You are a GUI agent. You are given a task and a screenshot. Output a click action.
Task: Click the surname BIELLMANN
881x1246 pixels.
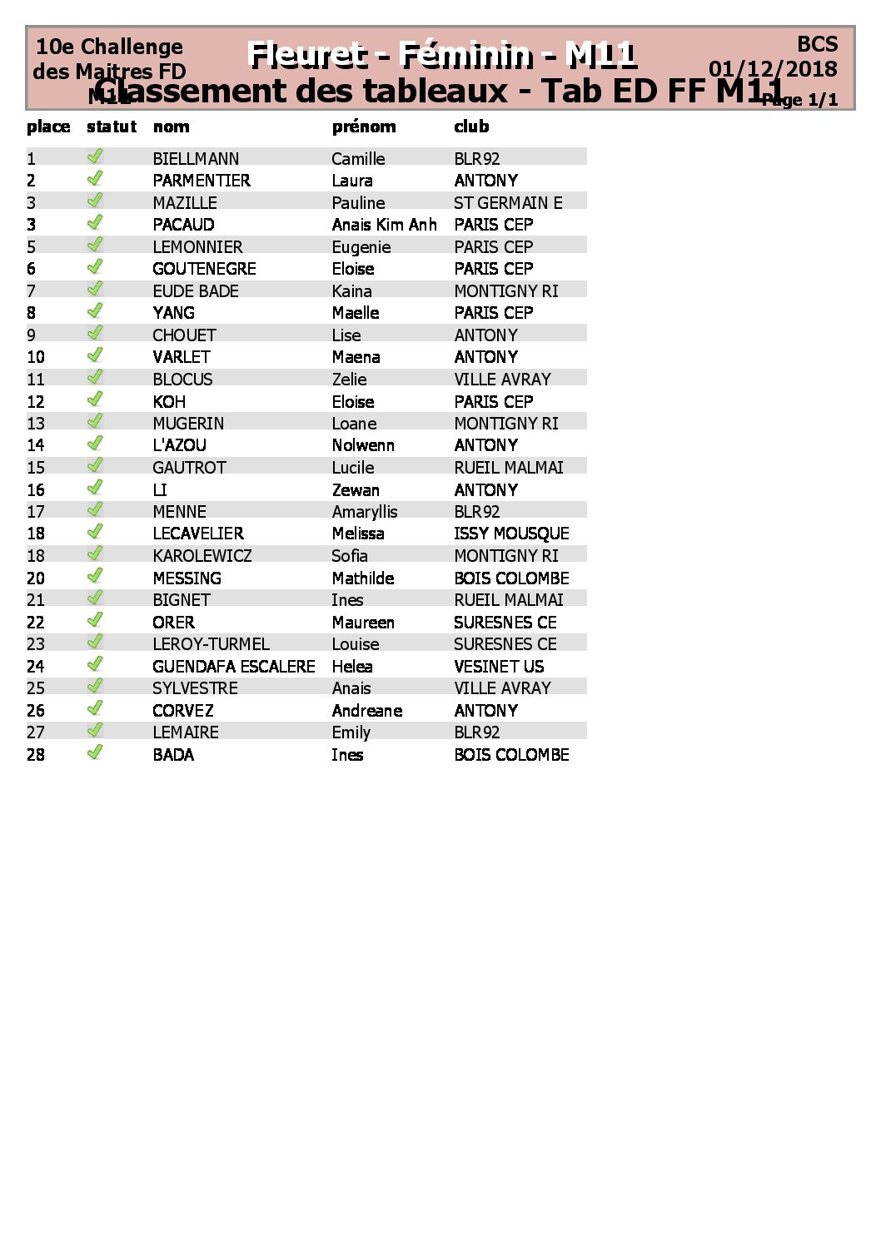click(196, 159)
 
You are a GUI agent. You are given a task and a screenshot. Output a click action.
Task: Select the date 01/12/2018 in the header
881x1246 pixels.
click(773, 69)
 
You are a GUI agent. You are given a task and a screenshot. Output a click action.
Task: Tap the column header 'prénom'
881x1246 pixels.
click(364, 127)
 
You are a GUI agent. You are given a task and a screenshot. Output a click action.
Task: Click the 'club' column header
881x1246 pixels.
click(471, 127)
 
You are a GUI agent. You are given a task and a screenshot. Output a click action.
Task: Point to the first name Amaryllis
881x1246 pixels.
click(365, 512)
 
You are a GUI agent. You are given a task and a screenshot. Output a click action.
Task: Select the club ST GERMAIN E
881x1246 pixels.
click(508, 203)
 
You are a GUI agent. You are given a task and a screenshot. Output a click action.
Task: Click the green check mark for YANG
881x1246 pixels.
click(95, 311)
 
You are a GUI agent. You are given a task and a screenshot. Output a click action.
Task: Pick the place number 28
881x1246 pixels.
click(36, 755)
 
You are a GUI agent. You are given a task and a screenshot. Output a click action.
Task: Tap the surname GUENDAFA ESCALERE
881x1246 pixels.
click(234, 667)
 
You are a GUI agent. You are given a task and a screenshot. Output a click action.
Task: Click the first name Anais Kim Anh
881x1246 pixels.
click(384, 225)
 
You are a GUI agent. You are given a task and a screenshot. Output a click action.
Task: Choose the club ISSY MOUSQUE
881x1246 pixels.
click(511, 534)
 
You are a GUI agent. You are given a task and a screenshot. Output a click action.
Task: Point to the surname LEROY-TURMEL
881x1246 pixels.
click(211, 644)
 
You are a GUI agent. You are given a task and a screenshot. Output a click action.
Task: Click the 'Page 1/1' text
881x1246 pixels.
click(800, 101)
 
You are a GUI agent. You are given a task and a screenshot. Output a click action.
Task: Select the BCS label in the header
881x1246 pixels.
click(817, 44)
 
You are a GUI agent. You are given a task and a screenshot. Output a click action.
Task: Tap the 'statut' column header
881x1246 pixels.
click(112, 127)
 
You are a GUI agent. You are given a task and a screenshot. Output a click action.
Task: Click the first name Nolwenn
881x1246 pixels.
click(363, 445)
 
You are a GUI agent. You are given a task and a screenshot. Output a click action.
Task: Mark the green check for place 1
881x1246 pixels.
click(95, 156)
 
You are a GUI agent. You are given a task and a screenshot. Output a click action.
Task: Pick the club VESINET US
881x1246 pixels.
click(499, 667)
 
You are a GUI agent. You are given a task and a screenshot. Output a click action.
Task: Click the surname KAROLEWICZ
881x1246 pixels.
click(202, 556)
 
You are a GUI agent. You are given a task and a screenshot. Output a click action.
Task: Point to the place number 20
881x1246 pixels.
click(36, 578)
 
